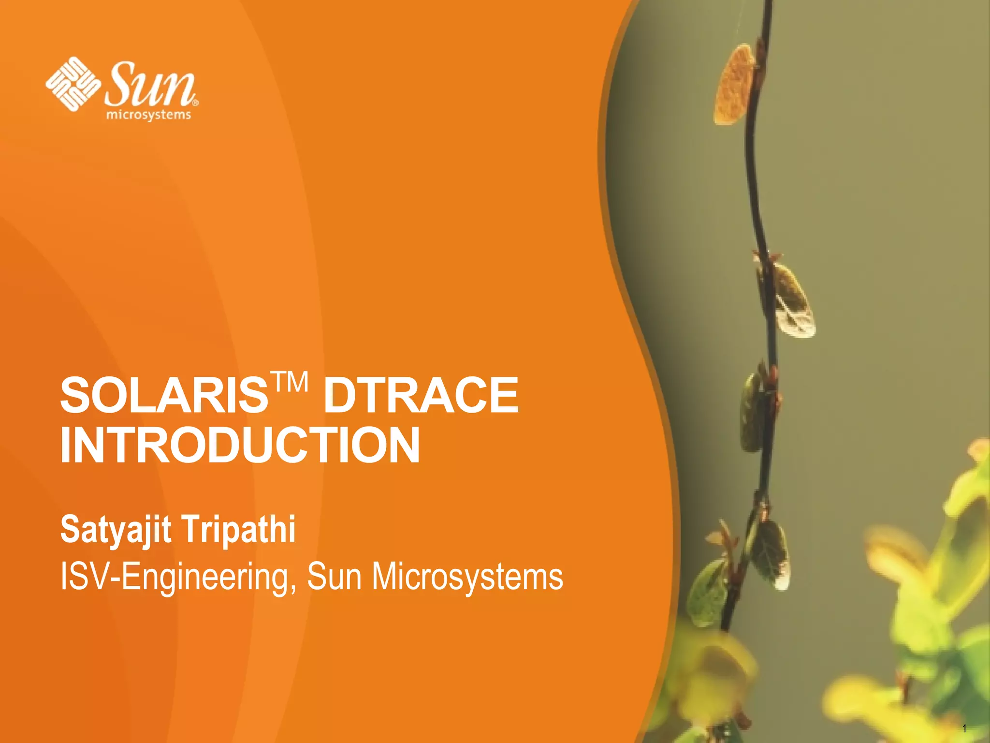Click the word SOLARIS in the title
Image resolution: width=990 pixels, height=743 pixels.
point(163,395)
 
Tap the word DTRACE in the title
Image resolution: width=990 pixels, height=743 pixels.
point(421,395)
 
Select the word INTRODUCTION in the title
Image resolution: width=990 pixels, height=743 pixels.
point(240,445)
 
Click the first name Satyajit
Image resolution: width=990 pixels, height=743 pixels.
point(116,530)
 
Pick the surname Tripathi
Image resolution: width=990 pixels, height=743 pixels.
point(239,531)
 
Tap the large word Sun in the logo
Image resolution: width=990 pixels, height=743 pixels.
point(150,85)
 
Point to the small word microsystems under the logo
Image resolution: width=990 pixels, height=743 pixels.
point(148,115)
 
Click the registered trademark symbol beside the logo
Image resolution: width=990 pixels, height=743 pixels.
point(195,103)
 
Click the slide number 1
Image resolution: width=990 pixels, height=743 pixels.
point(964,728)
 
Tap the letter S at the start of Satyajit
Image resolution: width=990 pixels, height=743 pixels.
point(70,530)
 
